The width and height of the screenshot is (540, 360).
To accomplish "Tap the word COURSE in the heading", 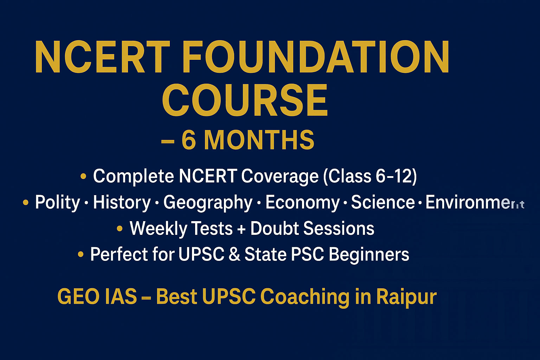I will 245,101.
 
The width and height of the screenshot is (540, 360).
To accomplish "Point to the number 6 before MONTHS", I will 189,140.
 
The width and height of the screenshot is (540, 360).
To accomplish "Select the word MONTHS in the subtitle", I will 259,140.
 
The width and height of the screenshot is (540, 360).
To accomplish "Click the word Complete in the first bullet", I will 133,176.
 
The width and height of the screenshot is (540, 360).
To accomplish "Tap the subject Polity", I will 58,203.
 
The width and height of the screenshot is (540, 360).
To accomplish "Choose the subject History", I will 122,203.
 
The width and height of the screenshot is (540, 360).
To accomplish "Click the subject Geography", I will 208,203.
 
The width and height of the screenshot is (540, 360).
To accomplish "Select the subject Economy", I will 302,203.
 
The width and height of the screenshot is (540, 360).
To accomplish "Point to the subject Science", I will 383,202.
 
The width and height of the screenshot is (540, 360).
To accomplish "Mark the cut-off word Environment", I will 475,203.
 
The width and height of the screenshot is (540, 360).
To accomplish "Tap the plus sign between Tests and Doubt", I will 241,229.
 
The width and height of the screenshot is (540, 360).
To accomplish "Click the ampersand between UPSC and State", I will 234,255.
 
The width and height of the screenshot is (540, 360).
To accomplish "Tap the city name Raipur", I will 406,297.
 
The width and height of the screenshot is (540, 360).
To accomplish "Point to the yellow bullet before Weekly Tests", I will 120,229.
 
